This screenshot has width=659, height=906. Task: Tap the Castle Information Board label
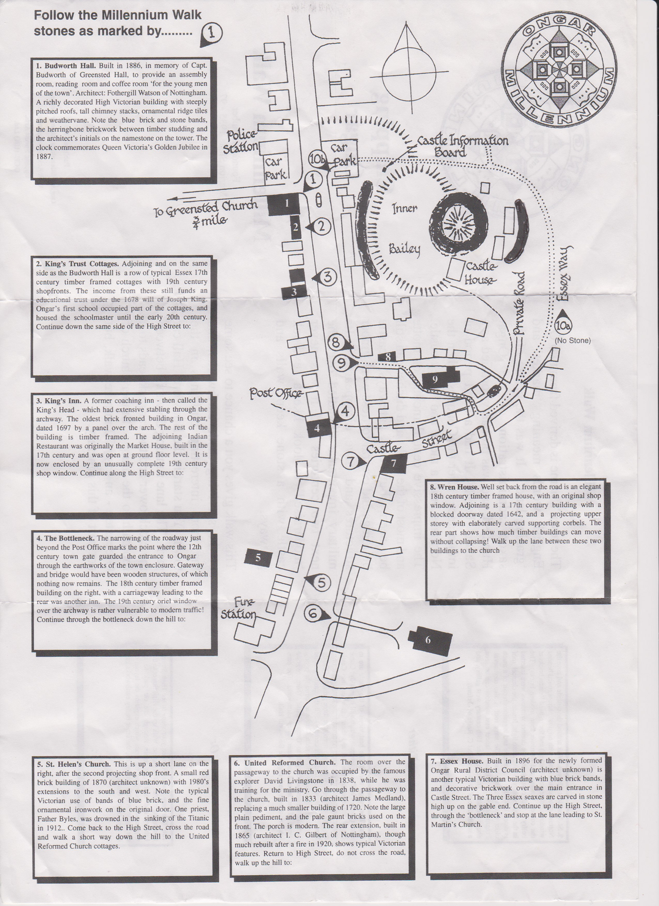click(462, 146)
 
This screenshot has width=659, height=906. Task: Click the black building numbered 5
click(258, 558)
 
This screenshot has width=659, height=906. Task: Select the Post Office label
click(275, 394)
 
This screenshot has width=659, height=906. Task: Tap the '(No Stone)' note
click(572, 340)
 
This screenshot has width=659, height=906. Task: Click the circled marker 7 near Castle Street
click(350, 462)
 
